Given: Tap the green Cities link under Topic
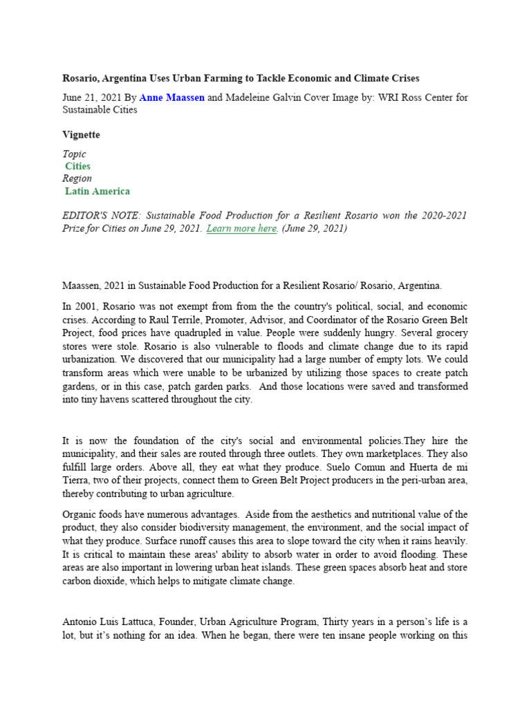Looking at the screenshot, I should click(77, 166).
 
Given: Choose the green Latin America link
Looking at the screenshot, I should click(97, 191).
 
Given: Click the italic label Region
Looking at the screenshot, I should click(77, 178).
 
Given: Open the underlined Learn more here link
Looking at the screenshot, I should click(242, 228).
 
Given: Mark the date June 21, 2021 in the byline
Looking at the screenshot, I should click(91, 97).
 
